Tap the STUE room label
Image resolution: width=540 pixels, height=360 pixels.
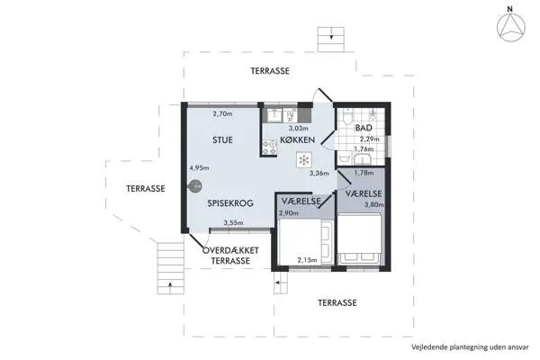pos(222,139)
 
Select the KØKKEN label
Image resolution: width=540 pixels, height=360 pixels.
pos(297,141)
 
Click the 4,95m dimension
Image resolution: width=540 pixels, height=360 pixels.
pos(199,167)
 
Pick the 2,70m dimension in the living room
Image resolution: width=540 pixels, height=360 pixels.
pos(222,114)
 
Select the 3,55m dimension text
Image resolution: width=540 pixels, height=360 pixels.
pos(234,223)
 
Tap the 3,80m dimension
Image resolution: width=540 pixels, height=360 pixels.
pos(372,204)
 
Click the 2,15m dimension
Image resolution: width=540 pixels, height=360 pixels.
pos(308,261)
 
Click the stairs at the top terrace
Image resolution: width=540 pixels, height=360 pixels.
pos(330,40)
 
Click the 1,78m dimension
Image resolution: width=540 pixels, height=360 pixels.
pos(364,173)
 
